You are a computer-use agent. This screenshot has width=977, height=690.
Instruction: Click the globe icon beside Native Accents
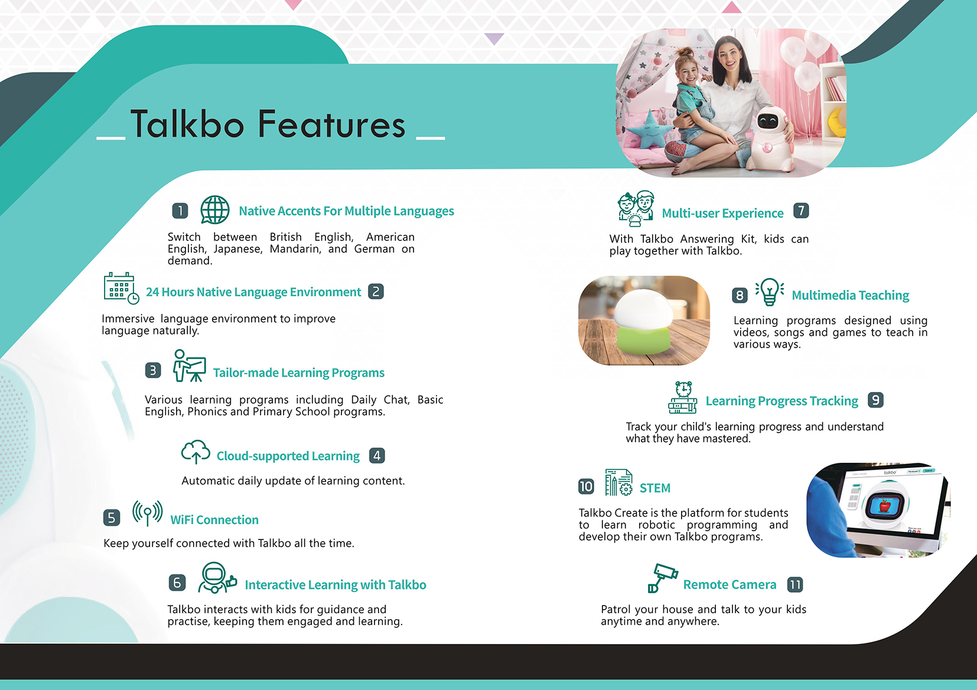click(x=214, y=210)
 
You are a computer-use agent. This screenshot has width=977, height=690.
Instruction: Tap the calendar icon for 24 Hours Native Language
click(x=121, y=288)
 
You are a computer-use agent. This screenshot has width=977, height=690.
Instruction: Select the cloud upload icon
click(x=196, y=451)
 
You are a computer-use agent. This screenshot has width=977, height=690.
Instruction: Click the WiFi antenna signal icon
click(x=148, y=512)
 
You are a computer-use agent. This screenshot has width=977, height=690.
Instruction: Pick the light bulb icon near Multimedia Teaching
click(x=770, y=292)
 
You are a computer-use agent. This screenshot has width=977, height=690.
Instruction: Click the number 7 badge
click(x=801, y=211)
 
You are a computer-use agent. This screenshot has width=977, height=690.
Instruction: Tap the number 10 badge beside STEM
click(x=586, y=486)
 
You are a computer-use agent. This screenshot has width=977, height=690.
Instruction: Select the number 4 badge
click(x=377, y=456)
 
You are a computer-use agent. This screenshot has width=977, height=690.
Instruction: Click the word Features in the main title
click(x=331, y=125)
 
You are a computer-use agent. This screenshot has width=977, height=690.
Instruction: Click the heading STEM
click(x=654, y=488)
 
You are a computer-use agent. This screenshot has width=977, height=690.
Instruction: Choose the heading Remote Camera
click(x=730, y=584)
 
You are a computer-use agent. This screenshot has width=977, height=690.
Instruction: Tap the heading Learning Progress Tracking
click(x=781, y=401)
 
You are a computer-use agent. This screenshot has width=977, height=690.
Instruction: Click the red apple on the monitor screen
click(x=885, y=505)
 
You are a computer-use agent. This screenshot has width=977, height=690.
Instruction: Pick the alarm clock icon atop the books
click(x=683, y=389)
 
